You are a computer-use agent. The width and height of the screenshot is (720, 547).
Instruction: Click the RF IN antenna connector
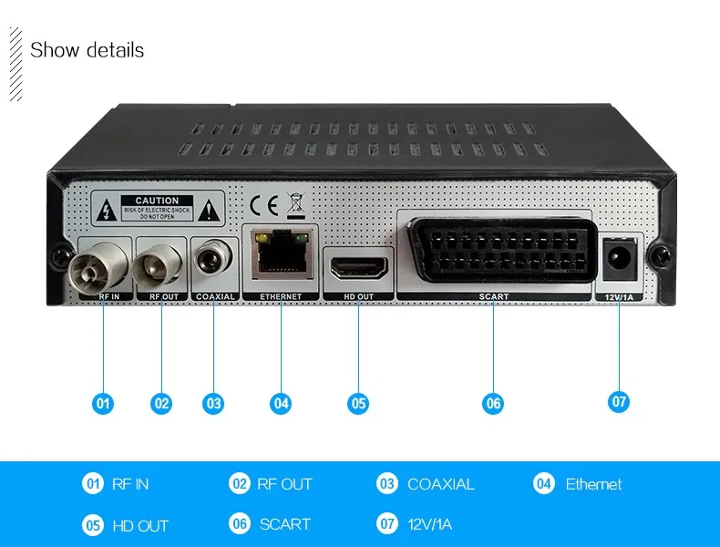(x=102, y=268)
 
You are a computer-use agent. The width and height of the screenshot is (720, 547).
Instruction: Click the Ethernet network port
(x=281, y=255)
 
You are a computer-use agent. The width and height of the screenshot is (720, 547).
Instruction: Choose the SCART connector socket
(x=495, y=251)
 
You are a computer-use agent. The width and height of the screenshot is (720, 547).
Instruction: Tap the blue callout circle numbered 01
(x=103, y=402)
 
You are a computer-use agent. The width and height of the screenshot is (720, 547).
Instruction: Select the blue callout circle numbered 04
(x=281, y=402)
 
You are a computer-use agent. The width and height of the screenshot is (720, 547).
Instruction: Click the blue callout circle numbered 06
(x=493, y=402)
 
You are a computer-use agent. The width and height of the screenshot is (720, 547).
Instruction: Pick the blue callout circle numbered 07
(x=620, y=400)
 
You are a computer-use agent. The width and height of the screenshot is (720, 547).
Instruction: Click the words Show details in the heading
(x=87, y=50)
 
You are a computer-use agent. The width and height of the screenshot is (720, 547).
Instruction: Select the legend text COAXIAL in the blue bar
(x=441, y=484)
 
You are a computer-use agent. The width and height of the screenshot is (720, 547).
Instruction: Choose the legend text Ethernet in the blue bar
(x=593, y=484)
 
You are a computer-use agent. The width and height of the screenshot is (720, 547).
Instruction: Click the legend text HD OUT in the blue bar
(x=140, y=526)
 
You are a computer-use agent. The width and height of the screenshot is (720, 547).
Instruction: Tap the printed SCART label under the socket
(x=494, y=296)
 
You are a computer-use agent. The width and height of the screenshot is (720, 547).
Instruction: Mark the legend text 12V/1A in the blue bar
(x=430, y=524)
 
